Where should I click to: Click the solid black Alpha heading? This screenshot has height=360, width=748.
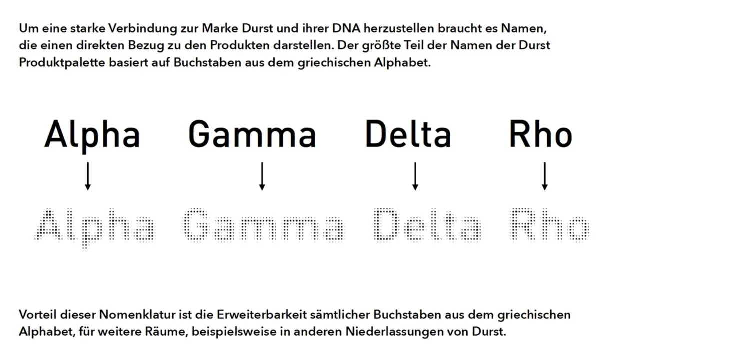pyautogui.click(x=92, y=135)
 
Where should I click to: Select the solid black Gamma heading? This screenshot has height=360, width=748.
pyautogui.click(x=252, y=135)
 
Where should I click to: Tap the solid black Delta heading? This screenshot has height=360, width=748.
pyautogui.click(x=408, y=135)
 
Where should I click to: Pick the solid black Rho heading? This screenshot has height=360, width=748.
pyautogui.click(x=540, y=135)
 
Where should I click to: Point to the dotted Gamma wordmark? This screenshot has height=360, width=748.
pyautogui.click(x=262, y=225)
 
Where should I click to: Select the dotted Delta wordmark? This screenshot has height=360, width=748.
pyautogui.click(x=427, y=225)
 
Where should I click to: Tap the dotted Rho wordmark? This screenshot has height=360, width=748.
pyautogui.click(x=550, y=225)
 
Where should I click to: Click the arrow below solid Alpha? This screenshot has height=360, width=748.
pyautogui.click(x=88, y=176)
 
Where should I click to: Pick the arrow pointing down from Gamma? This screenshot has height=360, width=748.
pyautogui.click(x=261, y=176)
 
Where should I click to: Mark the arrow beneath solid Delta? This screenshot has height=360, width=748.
pyautogui.click(x=415, y=176)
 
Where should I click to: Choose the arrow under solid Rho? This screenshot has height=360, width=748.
pyautogui.click(x=545, y=176)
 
